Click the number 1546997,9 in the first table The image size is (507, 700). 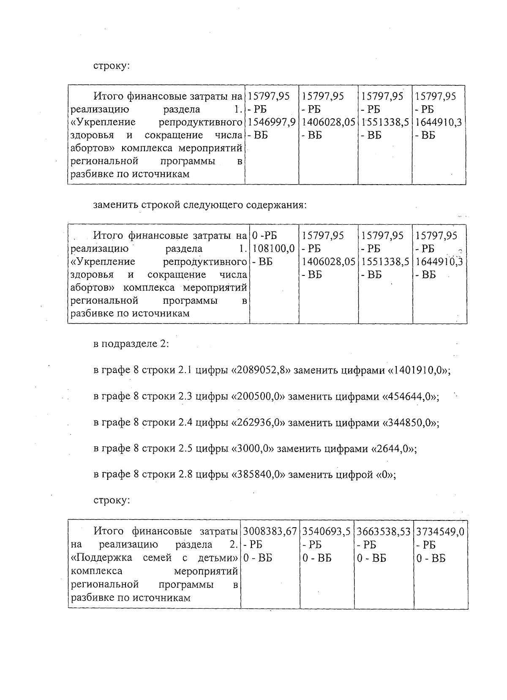[x=271, y=123]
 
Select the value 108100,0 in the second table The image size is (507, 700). [x=273, y=248]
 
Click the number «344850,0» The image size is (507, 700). [x=410, y=423]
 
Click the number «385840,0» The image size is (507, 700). [x=259, y=474]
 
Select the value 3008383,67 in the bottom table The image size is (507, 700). [x=270, y=532]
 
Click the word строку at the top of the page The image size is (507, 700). [x=112, y=66]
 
